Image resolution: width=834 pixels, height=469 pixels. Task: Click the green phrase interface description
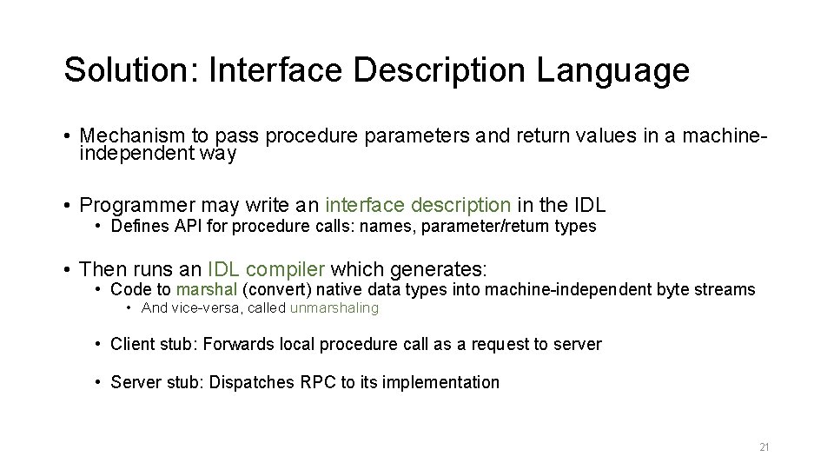pyautogui.click(x=418, y=206)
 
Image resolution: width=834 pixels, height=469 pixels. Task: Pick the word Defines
pyautogui.click(x=133, y=227)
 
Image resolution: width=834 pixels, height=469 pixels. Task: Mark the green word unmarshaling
pyautogui.click(x=334, y=308)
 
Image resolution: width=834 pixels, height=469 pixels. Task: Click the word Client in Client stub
pyautogui.click(x=131, y=345)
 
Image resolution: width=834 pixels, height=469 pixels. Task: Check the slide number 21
pyautogui.click(x=764, y=447)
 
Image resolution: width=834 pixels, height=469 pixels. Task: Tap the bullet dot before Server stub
pyautogui.click(x=100, y=382)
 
